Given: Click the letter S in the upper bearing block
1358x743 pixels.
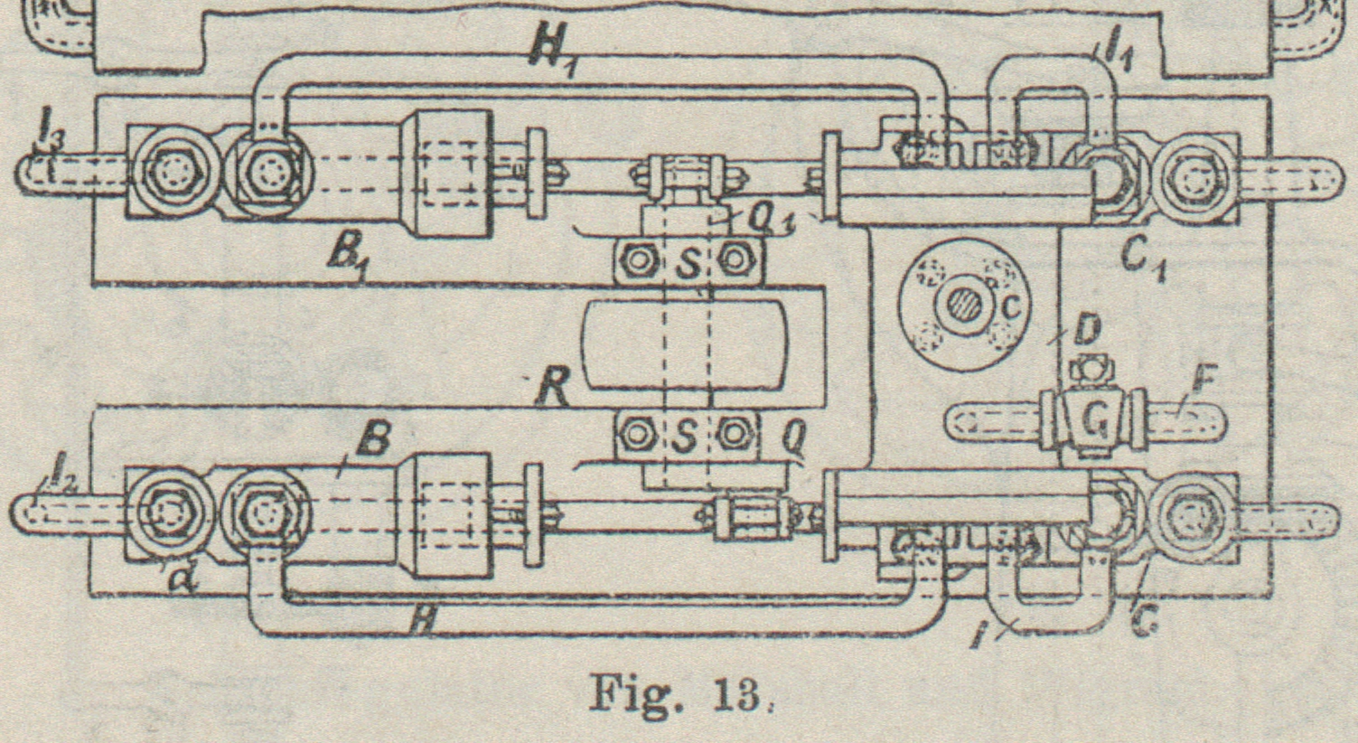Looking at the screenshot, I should [x=688, y=263].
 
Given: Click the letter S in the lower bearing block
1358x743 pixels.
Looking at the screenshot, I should [x=686, y=437].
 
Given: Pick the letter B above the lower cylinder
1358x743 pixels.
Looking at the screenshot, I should [x=372, y=440].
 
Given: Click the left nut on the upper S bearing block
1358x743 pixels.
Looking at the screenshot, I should [x=639, y=261].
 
